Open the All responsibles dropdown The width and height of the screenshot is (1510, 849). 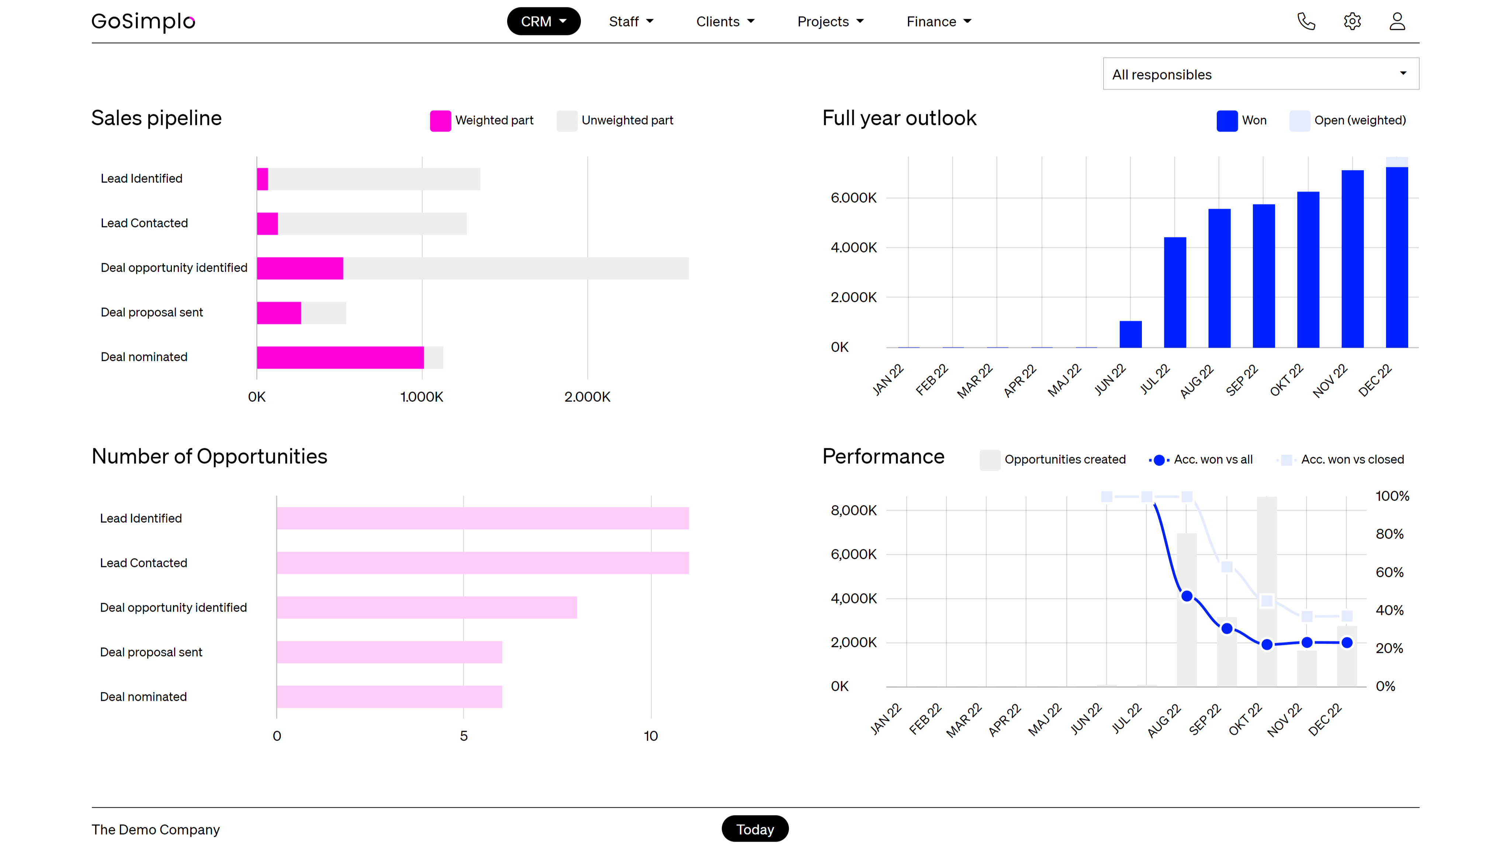1260,74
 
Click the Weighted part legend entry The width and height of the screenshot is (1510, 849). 482,121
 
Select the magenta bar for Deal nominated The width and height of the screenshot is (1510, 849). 340,358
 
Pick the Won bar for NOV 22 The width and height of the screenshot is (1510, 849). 1352,259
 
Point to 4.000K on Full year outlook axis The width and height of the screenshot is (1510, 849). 853,247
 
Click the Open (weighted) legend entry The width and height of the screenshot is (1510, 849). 1348,121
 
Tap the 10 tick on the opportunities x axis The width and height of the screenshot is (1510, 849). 651,736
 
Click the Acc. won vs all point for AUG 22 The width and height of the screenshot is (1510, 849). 1187,596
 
